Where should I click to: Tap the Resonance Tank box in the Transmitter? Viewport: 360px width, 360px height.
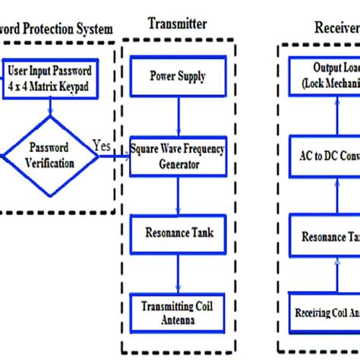(177, 232)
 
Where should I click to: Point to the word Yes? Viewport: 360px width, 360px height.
(102, 144)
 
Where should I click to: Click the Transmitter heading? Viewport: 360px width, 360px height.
(175, 24)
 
